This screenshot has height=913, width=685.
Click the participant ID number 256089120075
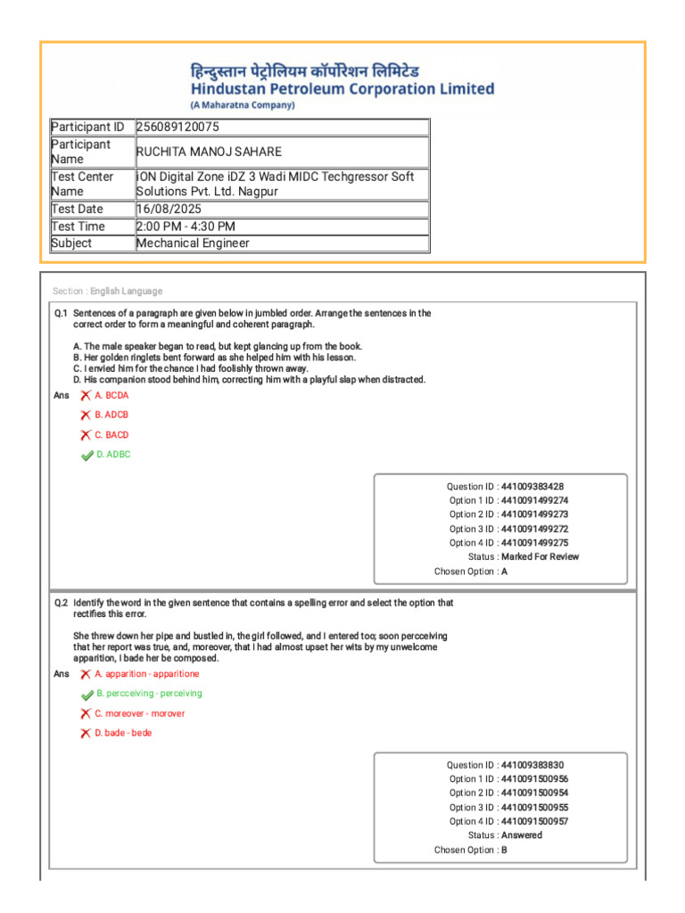pyautogui.click(x=177, y=127)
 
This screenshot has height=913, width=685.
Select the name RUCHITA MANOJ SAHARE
pyautogui.click(x=209, y=152)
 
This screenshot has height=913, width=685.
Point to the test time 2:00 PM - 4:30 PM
pyautogui.click(x=186, y=226)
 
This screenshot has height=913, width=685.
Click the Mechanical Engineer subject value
pyautogui.click(x=193, y=243)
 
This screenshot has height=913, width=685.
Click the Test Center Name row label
pyautogui.click(x=82, y=184)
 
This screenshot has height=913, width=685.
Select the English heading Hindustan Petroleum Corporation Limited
pyautogui.click(x=342, y=88)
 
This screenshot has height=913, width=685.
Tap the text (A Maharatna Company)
pyautogui.click(x=242, y=104)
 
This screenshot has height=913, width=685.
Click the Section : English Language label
pyautogui.click(x=107, y=292)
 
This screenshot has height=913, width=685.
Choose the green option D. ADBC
pyautogui.click(x=113, y=455)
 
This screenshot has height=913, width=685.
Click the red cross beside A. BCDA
pyautogui.click(x=86, y=395)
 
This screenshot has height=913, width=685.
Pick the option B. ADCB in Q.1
pyautogui.click(x=111, y=415)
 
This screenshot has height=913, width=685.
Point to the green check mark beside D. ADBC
pyautogui.click(x=87, y=456)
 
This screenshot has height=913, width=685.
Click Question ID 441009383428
pyautogui.click(x=532, y=487)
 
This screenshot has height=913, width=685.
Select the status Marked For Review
pyautogui.click(x=540, y=556)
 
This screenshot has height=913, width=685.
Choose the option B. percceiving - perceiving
pyautogui.click(x=149, y=694)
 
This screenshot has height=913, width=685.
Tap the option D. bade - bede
pyautogui.click(x=123, y=733)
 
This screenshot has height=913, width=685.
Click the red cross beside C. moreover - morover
pyautogui.click(x=86, y=713)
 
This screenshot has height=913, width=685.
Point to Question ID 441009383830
pyautogui.click(x=532, y=765)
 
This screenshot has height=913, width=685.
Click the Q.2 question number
pyautogui.click(x=61, y=603)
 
